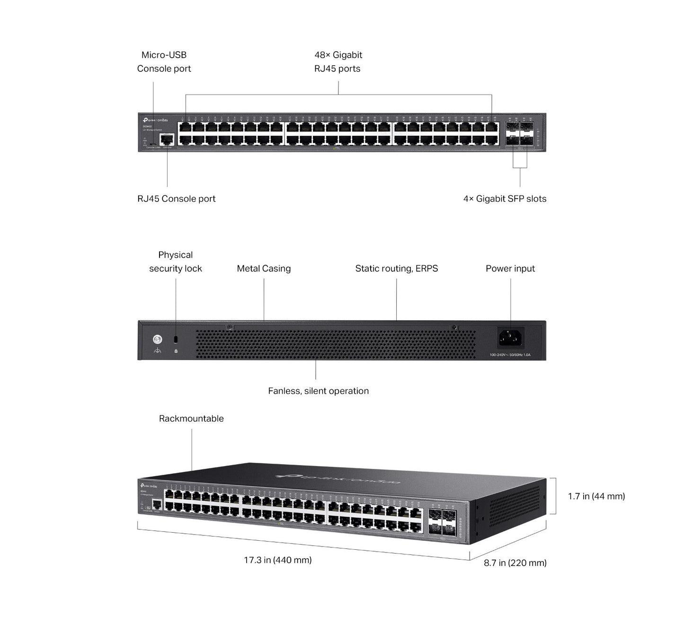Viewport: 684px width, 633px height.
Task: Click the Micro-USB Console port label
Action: [x=164, y=62]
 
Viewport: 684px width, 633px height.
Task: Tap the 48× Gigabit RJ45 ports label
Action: [x=338, y=62]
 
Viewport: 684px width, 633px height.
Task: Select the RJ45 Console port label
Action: [x=176, y=199]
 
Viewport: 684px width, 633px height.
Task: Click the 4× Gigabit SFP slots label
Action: [x=505, y=199]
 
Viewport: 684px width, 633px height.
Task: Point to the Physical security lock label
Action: [x=176, y=262]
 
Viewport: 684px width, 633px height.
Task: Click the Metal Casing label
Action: [x=264, y=269]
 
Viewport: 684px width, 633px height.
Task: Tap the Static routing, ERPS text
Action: [x=397, y=269]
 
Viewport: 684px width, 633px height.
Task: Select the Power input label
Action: [x=510, y=269]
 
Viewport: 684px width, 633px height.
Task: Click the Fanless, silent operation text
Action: [x=318, y=391]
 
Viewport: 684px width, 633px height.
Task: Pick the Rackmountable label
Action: [x=191, y=419]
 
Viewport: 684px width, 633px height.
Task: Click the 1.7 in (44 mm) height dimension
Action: [x=596, y=496]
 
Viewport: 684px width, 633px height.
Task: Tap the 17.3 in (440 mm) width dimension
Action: [x=278, y=560]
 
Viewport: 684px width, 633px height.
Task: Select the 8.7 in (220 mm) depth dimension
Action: [x=515, y=563]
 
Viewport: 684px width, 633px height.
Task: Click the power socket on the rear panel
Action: [x=510, y=338]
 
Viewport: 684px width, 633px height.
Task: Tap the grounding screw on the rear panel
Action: [x=158, y=339]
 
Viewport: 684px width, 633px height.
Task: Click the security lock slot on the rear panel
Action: [x=176, y=339]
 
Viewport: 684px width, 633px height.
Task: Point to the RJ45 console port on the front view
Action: [x=167, y=140]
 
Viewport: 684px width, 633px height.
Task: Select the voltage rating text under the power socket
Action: [x=510, y=355]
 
